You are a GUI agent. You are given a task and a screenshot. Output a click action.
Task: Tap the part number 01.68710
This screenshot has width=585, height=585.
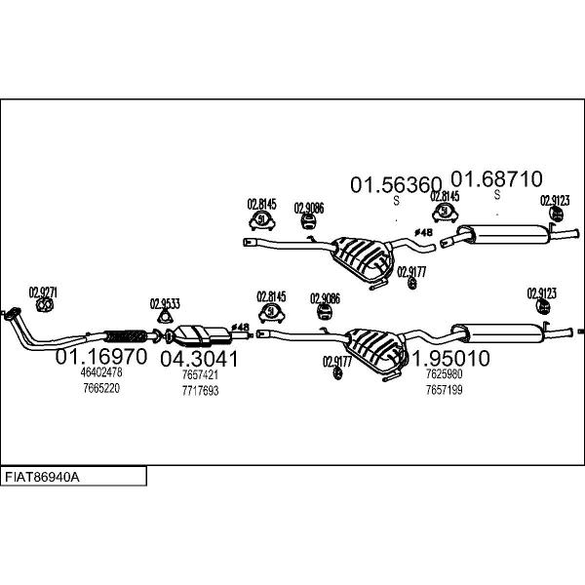(x=496, y=179)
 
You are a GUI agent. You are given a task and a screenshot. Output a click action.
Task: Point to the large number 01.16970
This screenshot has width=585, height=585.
(x=100, y=357)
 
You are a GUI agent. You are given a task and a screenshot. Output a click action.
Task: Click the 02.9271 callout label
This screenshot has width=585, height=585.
(x=43, y=292)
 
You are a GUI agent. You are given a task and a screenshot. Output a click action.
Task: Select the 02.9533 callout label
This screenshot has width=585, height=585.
(x=165, y=303)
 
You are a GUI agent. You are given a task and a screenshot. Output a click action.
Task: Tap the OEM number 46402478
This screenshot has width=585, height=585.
(x=100, y=372)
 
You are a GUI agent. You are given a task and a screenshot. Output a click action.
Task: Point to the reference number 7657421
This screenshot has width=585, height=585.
(x=200, y=374)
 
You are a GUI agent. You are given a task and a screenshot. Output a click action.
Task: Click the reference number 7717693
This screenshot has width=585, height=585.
(x=200, y=390)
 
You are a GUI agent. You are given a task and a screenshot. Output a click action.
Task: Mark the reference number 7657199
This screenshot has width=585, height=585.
(x=445, y=389)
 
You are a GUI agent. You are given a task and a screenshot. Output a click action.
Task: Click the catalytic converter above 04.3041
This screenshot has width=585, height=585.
(x=201, y=334)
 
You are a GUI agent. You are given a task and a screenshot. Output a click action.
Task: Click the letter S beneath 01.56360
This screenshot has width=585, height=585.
(x=396, y=201)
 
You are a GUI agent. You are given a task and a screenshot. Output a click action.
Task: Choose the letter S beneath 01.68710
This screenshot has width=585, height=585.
(x=496, y=195)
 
